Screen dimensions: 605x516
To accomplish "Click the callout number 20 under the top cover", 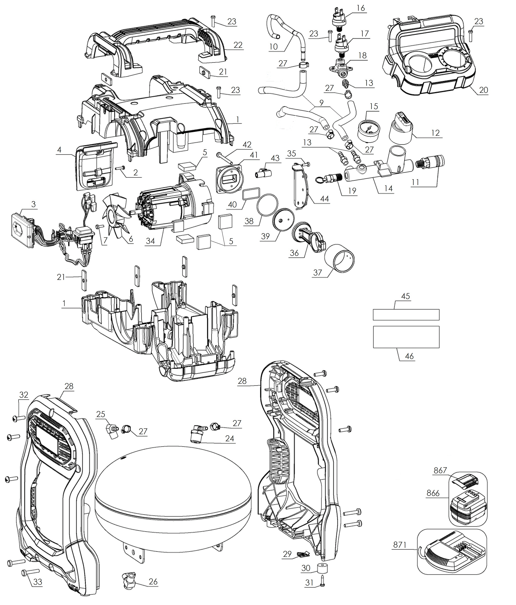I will point(484,90).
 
